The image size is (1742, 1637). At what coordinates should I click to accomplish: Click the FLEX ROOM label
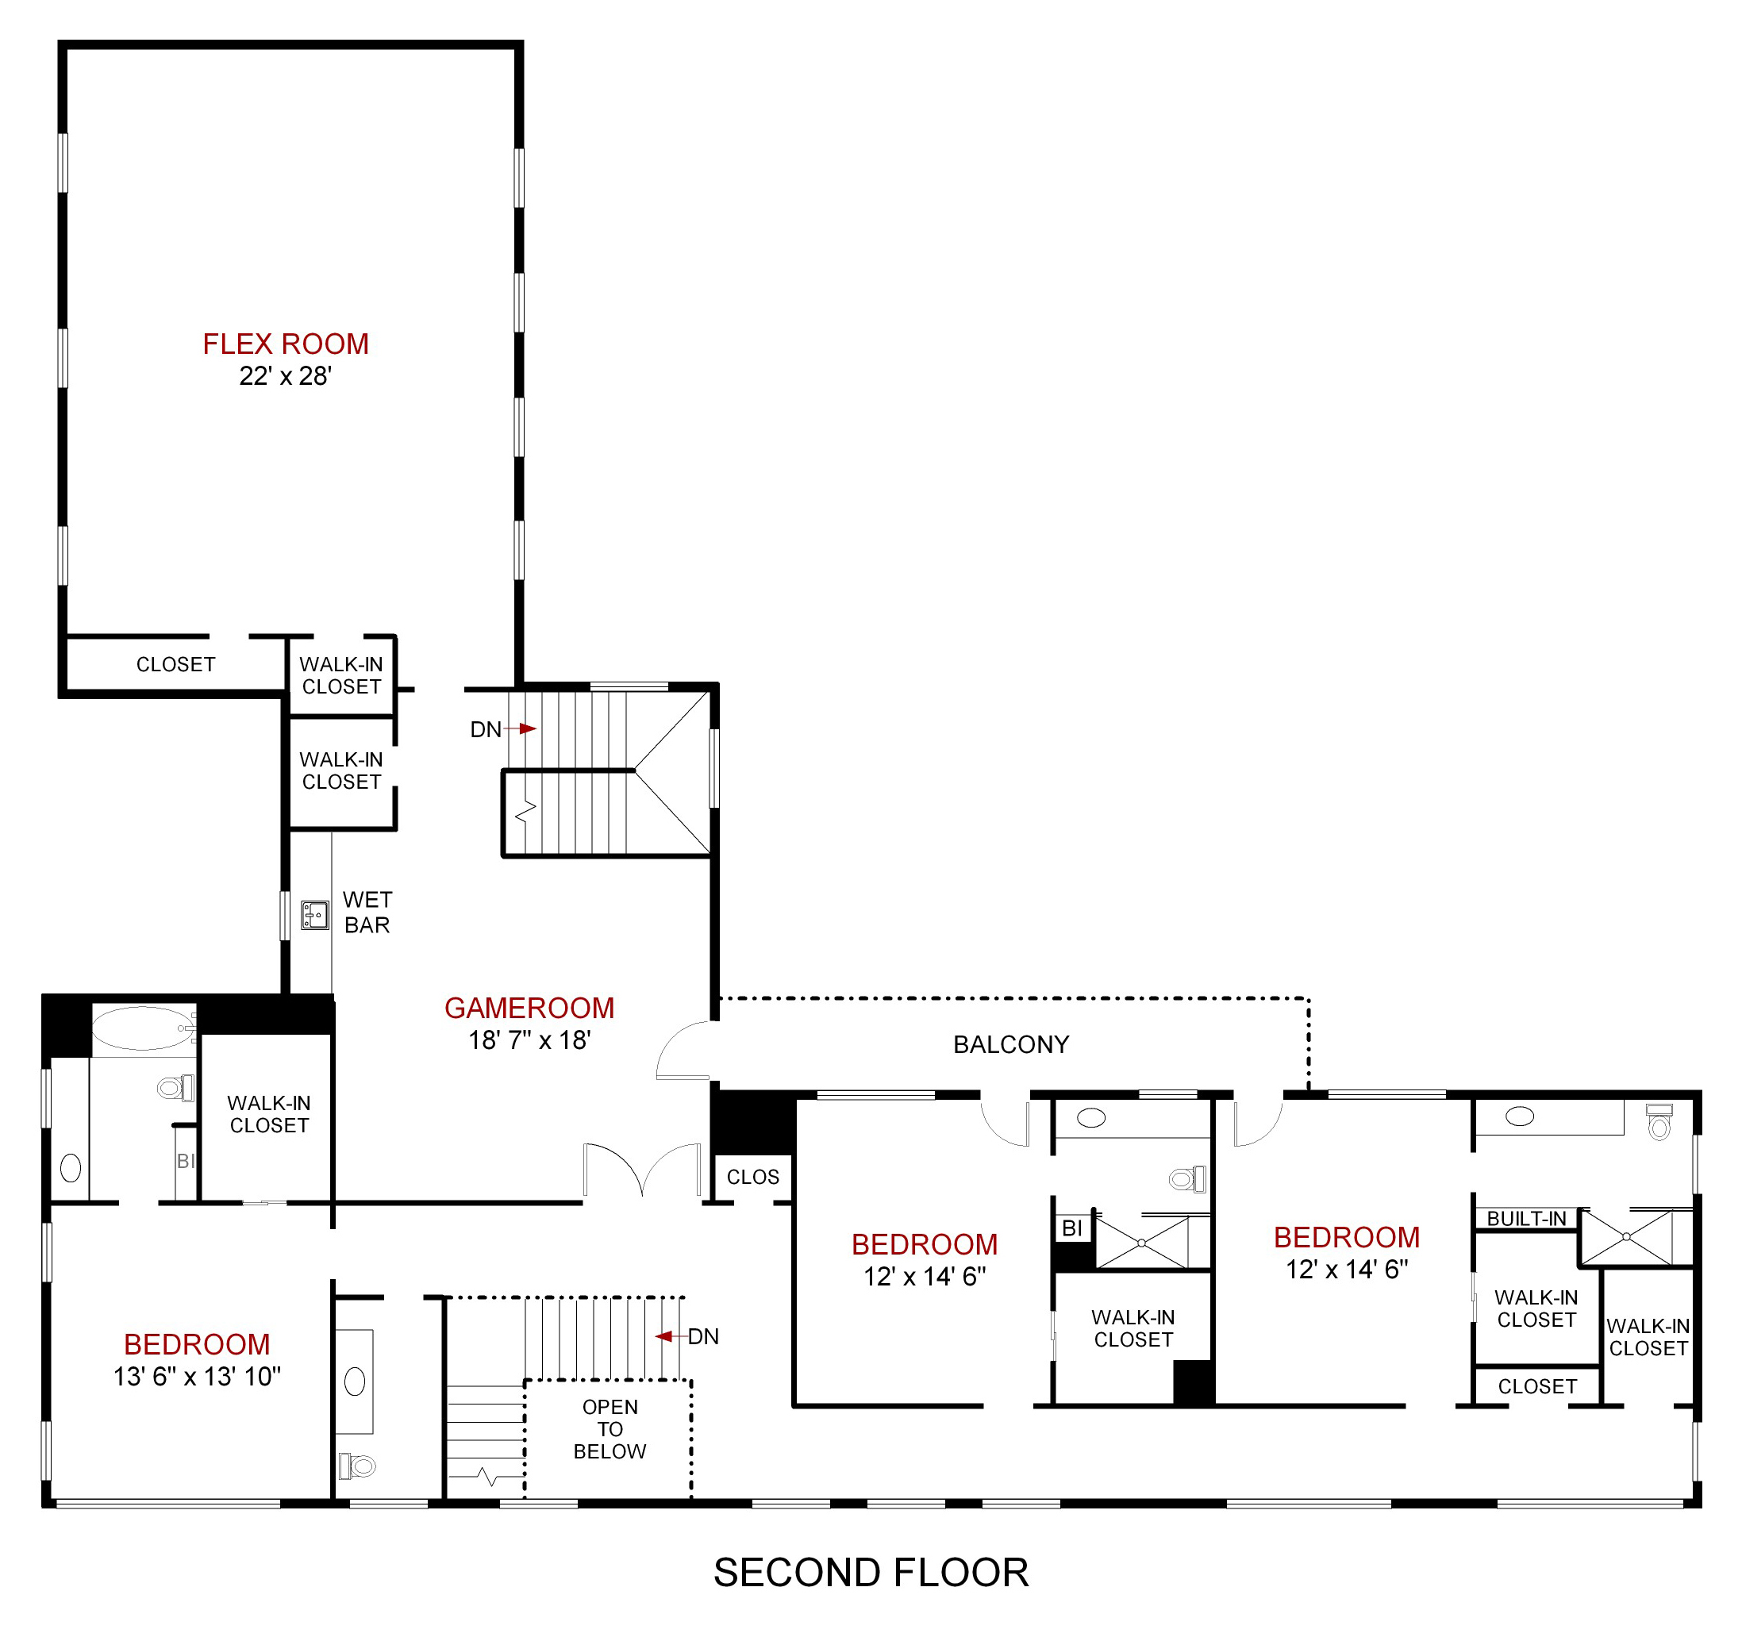point(286,344)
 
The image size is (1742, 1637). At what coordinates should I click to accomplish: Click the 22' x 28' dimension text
point(286,376)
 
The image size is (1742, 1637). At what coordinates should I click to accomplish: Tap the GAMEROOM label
point(529,1008)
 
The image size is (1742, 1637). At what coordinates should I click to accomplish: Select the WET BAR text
point(367,913)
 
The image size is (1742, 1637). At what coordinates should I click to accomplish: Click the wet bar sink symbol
point(314,915)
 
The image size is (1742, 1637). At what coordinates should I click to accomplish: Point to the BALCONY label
point(1011,1044)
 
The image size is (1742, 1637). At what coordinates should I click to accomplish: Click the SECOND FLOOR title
point(871,1572)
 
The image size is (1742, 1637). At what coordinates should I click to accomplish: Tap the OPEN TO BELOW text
point(610,1429)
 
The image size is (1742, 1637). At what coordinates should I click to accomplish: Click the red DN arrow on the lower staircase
point(666,1336)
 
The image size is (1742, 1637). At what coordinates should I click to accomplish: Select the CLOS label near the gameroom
point(752,1177)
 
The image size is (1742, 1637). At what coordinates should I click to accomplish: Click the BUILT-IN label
point(1526,1218)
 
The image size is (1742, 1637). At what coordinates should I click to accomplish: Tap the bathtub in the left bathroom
point(142,1028)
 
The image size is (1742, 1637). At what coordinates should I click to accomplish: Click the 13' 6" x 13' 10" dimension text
point(197,1376)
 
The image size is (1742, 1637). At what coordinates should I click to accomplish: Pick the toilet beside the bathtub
point(175,1089)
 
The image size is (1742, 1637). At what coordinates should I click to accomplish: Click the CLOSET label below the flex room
point(175,664)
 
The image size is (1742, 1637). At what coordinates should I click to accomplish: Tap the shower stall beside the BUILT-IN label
point(1626,1237)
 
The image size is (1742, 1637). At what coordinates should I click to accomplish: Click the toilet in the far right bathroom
point(1659,1123)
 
